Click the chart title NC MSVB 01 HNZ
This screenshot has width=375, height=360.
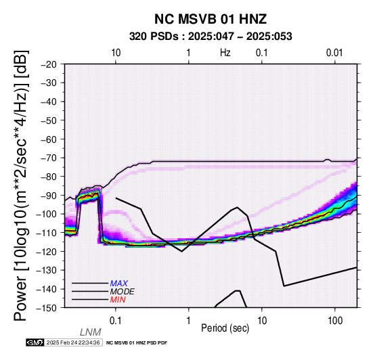tap(211, 19)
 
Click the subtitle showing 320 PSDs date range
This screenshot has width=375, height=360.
tap(211, 37)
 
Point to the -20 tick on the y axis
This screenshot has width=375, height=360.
tap(49, 64)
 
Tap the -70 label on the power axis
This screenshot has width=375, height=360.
tap(49, 158)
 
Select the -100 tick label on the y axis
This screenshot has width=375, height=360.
tap(46, 214)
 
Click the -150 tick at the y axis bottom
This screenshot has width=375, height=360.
tap(46, 308)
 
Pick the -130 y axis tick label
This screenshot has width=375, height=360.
tap(46, 270)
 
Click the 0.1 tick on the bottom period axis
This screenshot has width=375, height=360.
tap(116, 320)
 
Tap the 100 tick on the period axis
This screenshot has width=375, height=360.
tap(335, 320)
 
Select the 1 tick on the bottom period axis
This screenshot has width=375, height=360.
tap(189, 320)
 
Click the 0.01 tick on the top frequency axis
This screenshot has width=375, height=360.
tap(334, 53)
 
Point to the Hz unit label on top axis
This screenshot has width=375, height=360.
tap(225, 53)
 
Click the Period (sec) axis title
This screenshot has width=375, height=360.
tap(225, 328)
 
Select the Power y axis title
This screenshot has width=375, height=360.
tap(21, 185)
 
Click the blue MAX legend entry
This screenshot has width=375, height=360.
tap(119, 284)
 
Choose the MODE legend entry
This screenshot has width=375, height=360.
tap(123, 292)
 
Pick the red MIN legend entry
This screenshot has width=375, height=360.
tap(118, 300)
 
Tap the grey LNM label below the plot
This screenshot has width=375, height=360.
tap(91, 332)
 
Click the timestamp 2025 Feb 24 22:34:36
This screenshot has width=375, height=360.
tap(73, 342)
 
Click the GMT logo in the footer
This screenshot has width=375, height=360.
tap(35, 342)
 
